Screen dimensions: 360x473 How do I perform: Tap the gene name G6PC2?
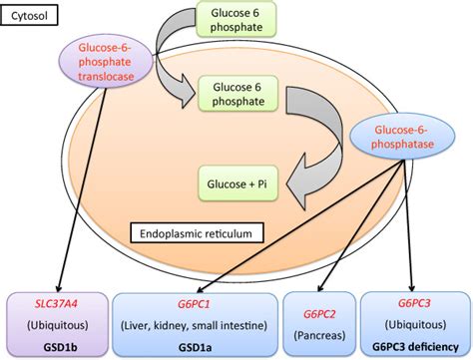click(319, 314)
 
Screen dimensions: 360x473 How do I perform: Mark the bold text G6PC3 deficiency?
click(415, 342)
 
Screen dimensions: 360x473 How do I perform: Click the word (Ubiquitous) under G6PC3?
click(415, 323)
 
